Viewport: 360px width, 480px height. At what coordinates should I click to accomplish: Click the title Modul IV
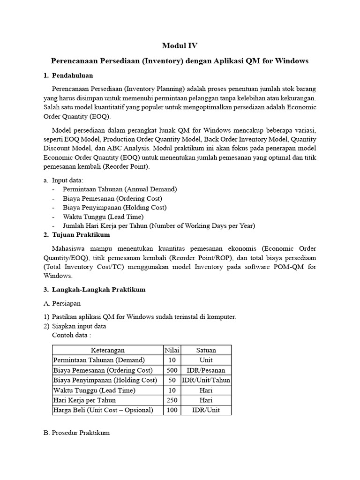(x=180, y=45)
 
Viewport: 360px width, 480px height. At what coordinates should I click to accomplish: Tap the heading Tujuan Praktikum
(x=81, y=234)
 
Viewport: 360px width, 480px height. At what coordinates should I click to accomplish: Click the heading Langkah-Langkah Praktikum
(x=98, y=289)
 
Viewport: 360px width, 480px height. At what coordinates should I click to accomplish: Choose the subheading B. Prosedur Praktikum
(x=76, y=433)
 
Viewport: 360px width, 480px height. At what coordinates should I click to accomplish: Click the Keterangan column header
(x=107, y=350)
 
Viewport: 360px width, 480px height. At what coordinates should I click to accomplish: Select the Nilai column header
(x=172, y=350)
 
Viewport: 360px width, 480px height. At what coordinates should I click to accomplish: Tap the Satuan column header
(x=206, y=350)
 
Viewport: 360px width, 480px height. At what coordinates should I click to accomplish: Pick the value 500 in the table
(x=172, y=370)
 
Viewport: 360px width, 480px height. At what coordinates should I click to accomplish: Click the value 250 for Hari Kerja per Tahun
(x=172, y=400)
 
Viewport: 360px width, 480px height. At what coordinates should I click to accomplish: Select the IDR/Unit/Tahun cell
(x=206, y=380)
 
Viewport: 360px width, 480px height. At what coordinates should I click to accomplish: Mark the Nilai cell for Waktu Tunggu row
(x=172, y=390)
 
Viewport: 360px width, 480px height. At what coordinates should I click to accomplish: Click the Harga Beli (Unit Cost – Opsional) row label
(x=104, y=410)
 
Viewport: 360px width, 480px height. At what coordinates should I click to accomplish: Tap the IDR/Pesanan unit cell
(x=206, y=370)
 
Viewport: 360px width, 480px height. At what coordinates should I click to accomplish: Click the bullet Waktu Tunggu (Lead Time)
(x=103, y=217)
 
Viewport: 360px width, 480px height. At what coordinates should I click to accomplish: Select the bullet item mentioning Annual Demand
(x=120, y=189)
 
